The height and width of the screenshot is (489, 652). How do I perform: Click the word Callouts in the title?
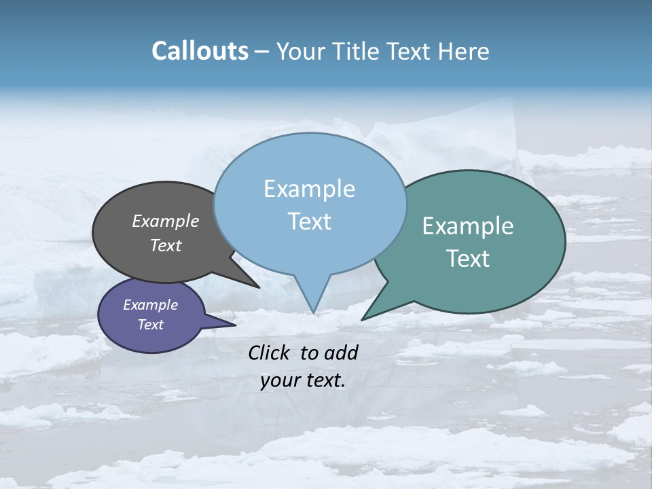coord(200,52)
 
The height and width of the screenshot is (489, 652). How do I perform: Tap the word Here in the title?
coord(463,52)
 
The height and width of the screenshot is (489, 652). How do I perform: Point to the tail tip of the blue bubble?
coord(313,312)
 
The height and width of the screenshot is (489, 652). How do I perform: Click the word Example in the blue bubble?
coord(309,189)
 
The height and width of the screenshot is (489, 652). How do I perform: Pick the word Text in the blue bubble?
coord(309,221)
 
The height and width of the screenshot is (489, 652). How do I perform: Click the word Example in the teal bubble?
coord(468,226)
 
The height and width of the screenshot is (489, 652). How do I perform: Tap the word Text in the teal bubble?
coord(468,259)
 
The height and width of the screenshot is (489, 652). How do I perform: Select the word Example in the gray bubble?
coord(166,221)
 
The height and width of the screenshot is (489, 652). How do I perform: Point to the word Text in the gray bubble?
coord(166,245)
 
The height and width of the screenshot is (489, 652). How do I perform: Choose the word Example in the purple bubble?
coord(150,305)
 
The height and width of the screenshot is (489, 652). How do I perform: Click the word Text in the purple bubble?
coord(150,325)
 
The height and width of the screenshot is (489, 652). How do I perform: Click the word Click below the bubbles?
coord(270,352)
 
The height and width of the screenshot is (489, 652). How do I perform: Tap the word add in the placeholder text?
coord(341,352)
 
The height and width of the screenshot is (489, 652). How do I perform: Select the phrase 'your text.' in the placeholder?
coord(303,380)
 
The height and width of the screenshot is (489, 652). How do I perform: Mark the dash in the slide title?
coord(262,52)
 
